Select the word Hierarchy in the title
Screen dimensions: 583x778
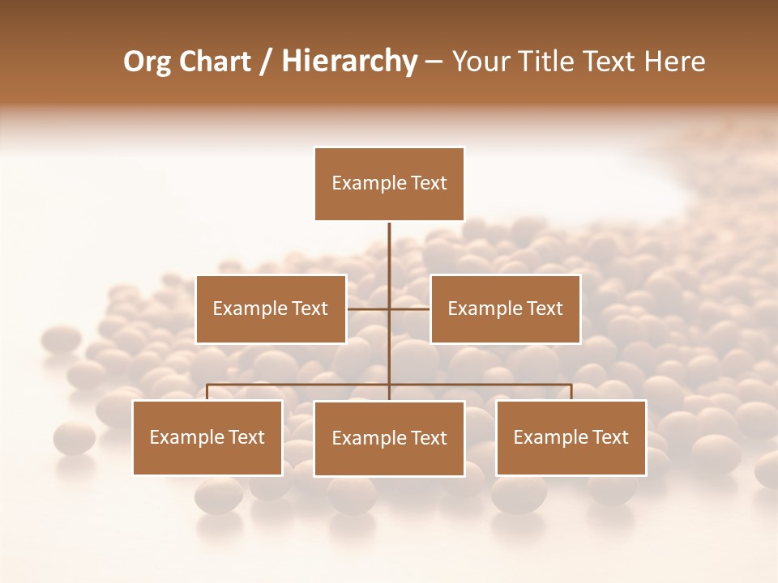(x=348, y=62)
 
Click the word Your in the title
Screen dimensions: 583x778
(x=477, y=62)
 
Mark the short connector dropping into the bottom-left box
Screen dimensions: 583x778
(x=207, y=392)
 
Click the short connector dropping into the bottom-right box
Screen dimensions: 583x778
(x=571, y=392)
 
